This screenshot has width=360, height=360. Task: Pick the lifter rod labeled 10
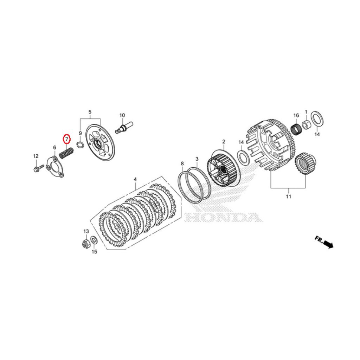tap(125, 127)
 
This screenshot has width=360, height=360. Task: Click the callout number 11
tap(288, 197)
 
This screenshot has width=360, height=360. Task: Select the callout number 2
tap(224, 142)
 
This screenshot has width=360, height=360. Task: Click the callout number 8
tap(182, 163)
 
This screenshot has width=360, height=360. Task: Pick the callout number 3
tap(197, 159)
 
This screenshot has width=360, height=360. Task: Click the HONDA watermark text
tap(223, 217)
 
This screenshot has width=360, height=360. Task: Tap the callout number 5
tap(90, 112)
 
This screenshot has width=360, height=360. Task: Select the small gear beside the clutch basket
tap(305, 165)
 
